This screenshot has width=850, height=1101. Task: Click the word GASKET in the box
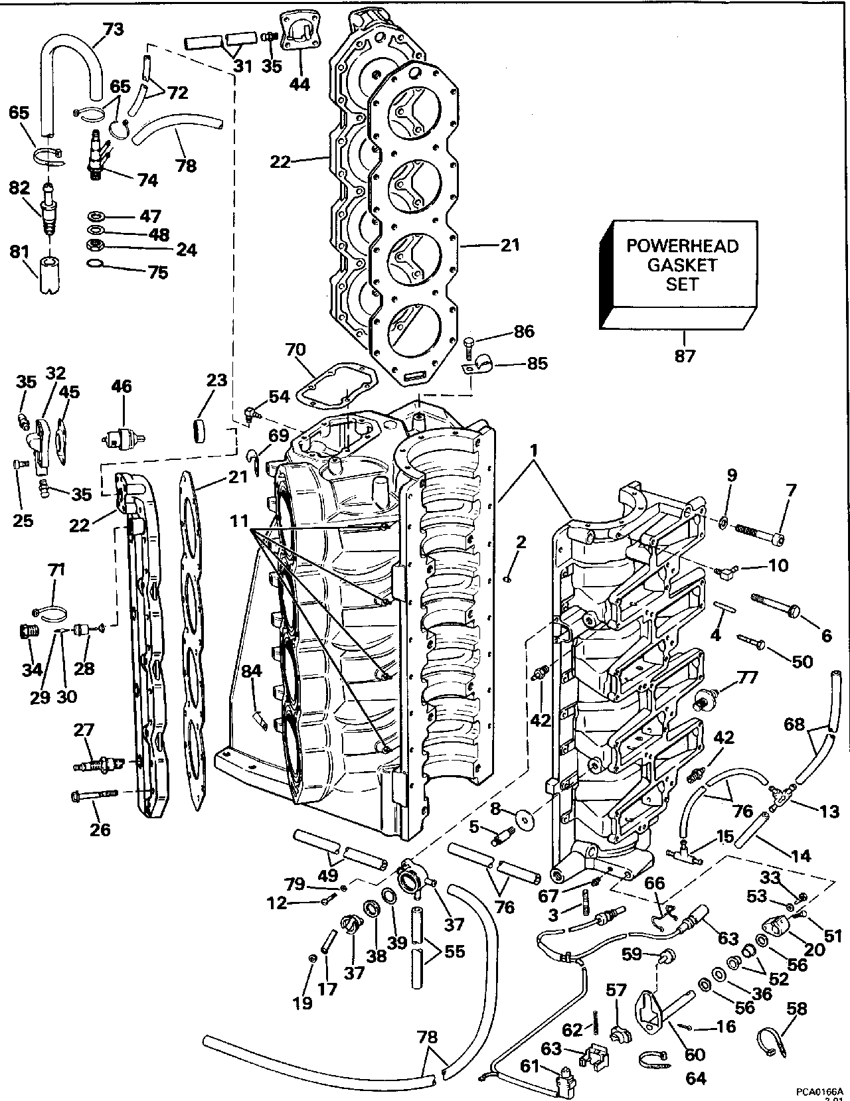coord(683,265)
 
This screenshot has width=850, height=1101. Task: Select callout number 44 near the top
coord(300,84)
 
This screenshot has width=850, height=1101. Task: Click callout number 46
coord(122,386)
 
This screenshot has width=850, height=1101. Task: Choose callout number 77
coord(748,678)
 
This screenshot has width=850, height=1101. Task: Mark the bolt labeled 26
coord(93,794)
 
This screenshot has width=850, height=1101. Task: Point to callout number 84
coord(251,672)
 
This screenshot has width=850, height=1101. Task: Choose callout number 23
coord(216,380)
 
